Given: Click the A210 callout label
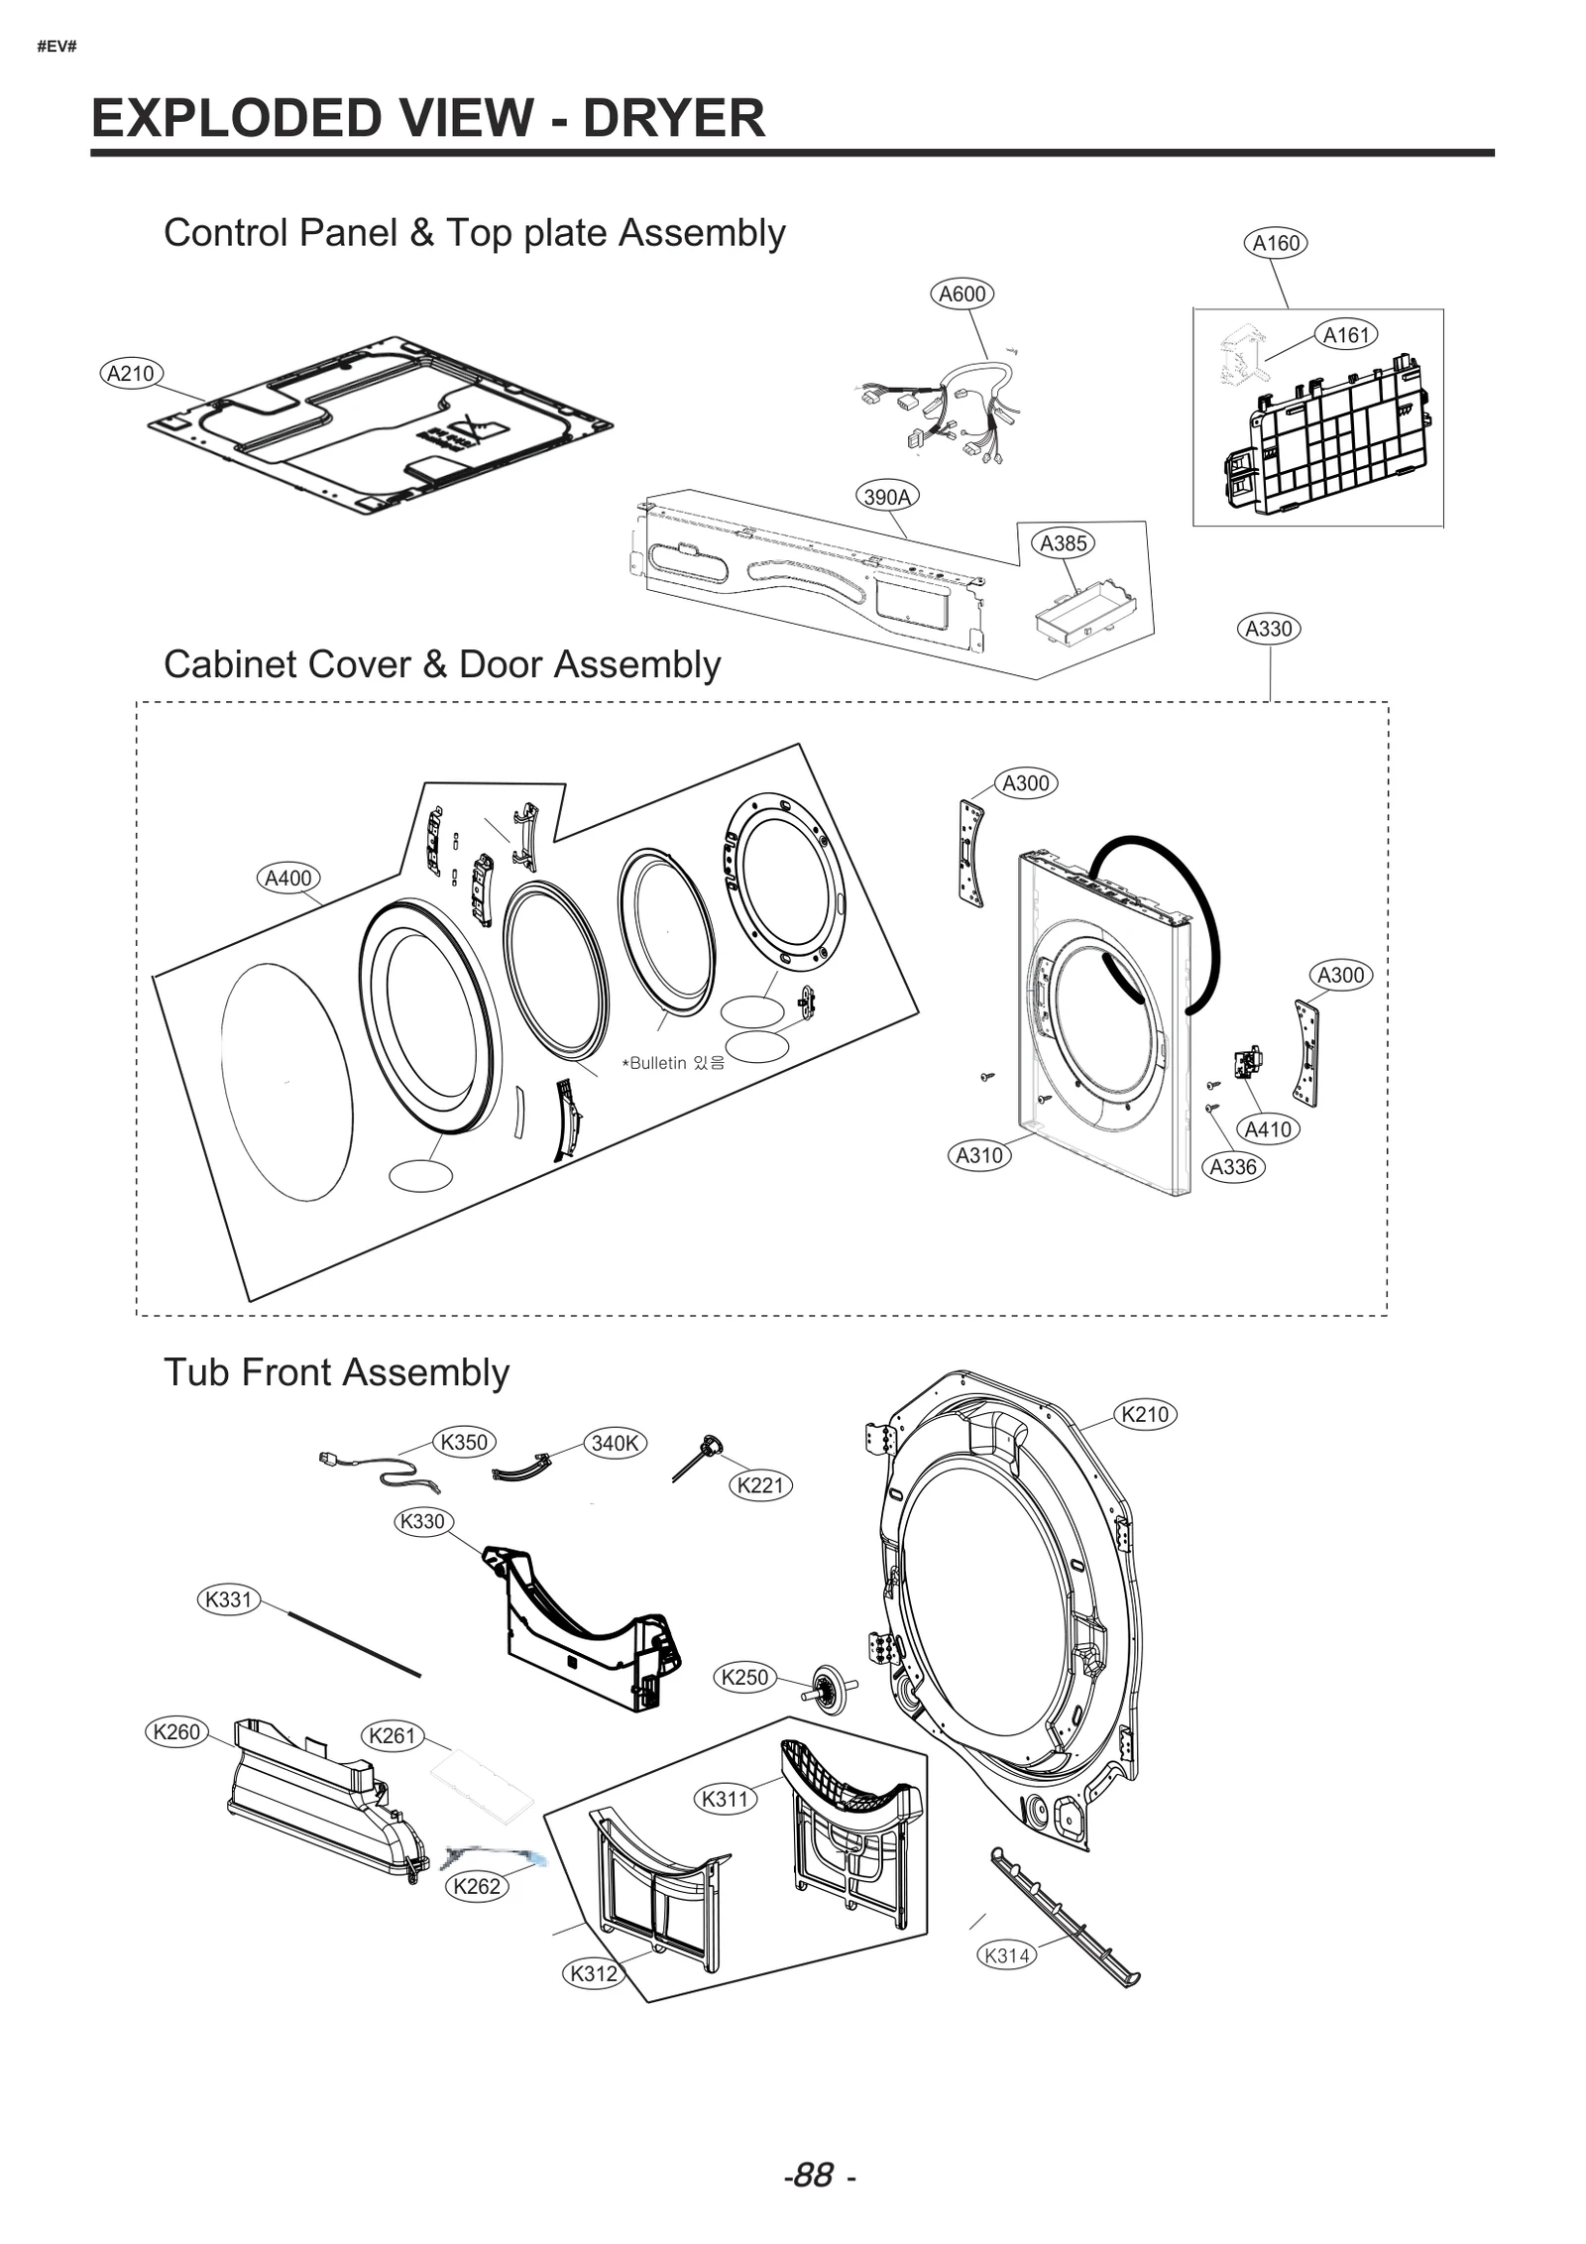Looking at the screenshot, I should pos(131,374).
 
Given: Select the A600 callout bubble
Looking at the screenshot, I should pos(962,294).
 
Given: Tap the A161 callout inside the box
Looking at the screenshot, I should pos(1345,335).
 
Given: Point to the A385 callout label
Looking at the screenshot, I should pos(1063,542).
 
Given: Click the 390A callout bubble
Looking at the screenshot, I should pos(886,497).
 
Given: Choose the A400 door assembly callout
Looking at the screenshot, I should pos(287,878).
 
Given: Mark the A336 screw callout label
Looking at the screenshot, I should pos(1232,1167).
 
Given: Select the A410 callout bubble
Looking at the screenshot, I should pos(1267,1129).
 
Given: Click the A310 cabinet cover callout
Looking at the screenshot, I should pos(978,1155).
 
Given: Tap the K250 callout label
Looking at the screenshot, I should pos(744,1677).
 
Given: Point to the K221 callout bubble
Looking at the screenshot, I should pos(760,1484).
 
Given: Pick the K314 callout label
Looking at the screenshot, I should pos(1007,1954).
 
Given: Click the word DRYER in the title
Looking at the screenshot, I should pos(673,118).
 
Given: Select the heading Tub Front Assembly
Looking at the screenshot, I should pos(336,1372).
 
